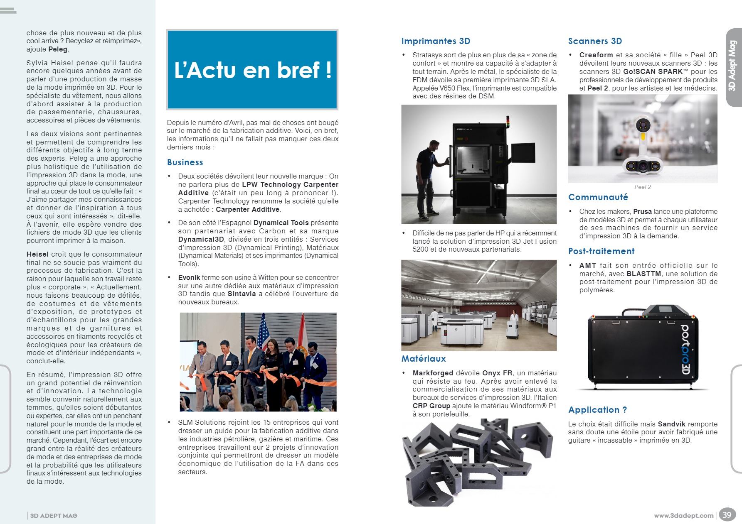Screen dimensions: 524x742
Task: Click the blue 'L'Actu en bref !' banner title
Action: click(x=253, y=70)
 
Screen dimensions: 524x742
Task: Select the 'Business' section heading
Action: click(x=185, y=162)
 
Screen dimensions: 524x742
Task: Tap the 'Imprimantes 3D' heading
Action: click(x=436, y=41)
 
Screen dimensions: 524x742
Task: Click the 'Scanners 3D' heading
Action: click(x=595, y=41)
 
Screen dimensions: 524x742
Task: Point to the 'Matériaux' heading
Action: click(x=423, y=359)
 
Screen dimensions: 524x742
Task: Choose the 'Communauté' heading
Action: click(x=598, y=197)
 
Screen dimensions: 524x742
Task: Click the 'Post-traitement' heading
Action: click(x=601, y=251)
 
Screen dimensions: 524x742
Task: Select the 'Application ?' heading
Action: click(x=597, y=410)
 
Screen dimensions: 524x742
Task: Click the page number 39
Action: click(x=727, y=515)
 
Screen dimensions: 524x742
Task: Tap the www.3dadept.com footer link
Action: click(x=683, y=516)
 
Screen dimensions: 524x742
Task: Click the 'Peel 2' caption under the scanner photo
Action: click(x=643, y=187)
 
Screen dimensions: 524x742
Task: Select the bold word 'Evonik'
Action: click(x=189, y=277)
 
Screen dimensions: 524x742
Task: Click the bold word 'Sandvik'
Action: click(x=671, y=424)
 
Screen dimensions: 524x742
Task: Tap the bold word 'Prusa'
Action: click(x=642, y=211)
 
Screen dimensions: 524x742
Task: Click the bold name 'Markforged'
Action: click(x=433, y=373)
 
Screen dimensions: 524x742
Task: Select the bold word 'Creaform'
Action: click(x=596, y=55)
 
